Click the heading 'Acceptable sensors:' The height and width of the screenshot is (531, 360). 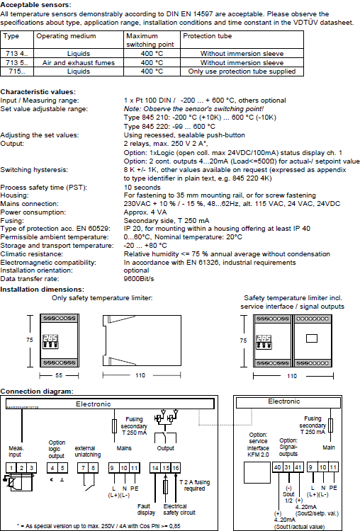[x=36, y=5]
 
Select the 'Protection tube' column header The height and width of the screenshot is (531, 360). [x=208, y=36]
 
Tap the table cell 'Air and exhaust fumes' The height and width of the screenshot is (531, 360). [x=79, y=62]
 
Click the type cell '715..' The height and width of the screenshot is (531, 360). [x=17, y=72]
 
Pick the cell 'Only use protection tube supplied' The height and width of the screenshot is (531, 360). [x=242, y=72]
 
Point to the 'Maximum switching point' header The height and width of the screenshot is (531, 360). [x=150, y=40]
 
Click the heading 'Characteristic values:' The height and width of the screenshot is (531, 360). [x=38, y=92]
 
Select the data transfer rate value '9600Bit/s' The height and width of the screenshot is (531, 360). [x=139, y=279]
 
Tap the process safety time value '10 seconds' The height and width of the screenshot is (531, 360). [x=142, y=188]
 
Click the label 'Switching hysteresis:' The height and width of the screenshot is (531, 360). [x=34, y=170]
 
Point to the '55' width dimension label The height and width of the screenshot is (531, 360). [x=59, y=375]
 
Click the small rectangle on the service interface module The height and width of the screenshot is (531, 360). [x=312, y=338]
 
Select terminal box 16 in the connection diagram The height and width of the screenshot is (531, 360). [x=176, y=468]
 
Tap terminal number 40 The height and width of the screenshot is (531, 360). [x=278, y=467]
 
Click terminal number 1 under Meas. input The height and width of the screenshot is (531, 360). [x=11, y=468]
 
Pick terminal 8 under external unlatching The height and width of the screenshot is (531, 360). [x=94, y=468]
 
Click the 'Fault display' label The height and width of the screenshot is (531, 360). [x=146, y=509]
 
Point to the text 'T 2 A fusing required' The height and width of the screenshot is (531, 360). [x=195, y=485]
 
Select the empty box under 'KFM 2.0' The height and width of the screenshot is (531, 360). [x=257, y=472]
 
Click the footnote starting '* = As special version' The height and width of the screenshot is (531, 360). [x=99, y=526]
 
